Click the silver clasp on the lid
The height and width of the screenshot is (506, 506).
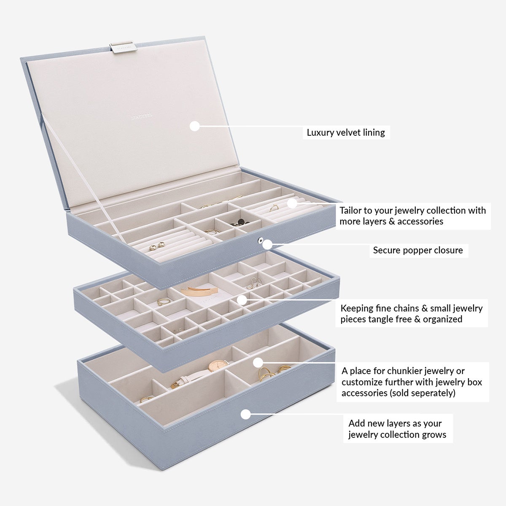pos(124,48)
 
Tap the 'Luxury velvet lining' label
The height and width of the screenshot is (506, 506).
pos(346,132)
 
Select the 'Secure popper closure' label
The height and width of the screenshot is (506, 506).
pos(418,250)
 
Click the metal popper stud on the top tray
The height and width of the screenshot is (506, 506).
pos(261,240)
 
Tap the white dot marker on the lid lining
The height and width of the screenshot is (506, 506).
pos(194,126)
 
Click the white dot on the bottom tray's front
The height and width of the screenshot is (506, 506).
pos(245,414)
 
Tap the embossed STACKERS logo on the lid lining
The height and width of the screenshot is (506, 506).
pos(142,116)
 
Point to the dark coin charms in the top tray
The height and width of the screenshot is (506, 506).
pos(240,222)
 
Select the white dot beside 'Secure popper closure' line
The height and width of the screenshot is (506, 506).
pos(267,245)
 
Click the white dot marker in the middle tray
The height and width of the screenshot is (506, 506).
pos(242,300)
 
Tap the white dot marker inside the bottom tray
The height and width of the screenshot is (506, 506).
pos(258,362)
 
